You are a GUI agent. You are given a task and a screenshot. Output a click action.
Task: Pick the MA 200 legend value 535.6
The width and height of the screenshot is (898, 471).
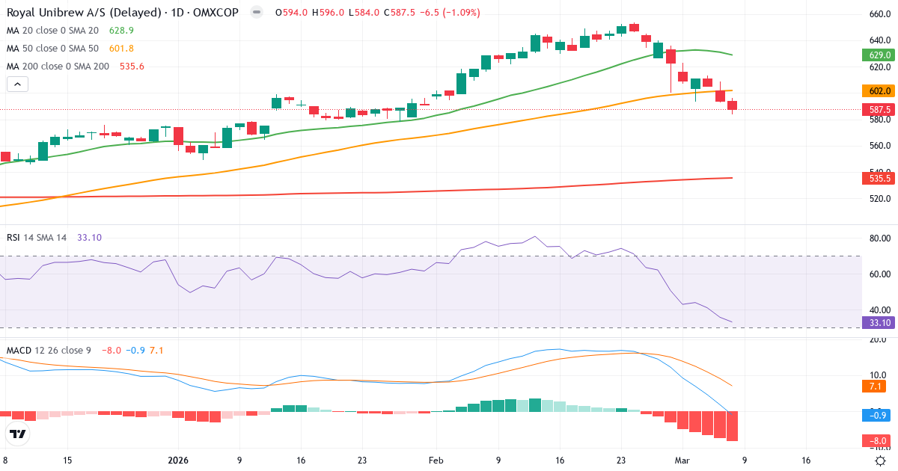(x=132, y=67)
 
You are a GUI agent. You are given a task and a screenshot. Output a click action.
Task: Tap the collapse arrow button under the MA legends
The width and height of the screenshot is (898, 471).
(x=17, y=84)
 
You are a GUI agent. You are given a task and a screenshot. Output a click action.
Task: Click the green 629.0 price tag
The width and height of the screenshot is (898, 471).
(x=879, y=55)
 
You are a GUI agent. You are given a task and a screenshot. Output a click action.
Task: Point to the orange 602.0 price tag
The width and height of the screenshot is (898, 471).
(x=879, y=90)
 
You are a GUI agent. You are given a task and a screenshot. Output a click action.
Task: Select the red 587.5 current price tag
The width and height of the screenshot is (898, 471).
(x=879, y=109)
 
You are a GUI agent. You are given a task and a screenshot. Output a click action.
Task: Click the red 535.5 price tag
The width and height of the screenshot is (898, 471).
(x=879, y=178)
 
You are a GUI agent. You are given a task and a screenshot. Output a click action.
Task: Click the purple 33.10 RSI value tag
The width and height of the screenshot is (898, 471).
(x=879, y=322)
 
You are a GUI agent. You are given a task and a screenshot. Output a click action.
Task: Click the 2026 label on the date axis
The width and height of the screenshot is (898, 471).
(x=179, y=461)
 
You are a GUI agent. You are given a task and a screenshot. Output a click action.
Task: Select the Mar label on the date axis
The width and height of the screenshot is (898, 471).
(x=682, y=461)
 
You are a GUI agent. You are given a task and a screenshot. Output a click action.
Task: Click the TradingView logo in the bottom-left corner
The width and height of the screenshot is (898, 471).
(x=18, y=434)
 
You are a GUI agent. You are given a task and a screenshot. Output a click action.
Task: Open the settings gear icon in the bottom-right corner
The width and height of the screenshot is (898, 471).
(x=881, y=461)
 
